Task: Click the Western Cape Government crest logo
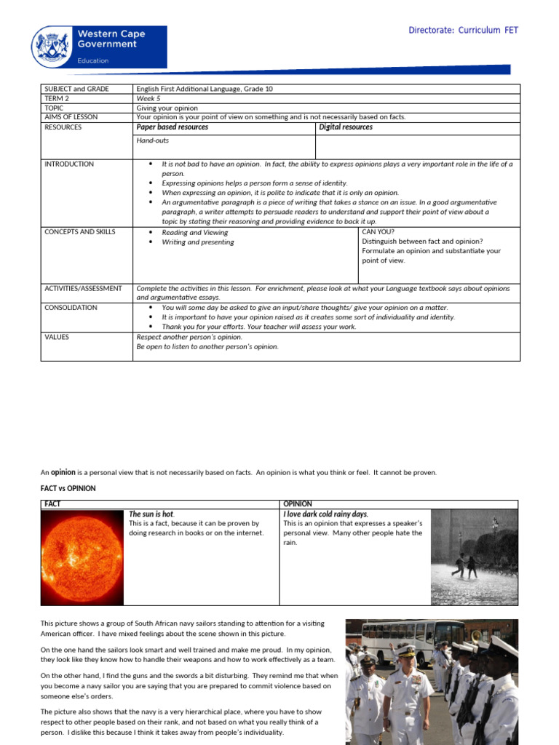pos(53,47)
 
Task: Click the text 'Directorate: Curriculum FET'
pos(463,30)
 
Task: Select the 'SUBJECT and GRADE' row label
pos(76,89)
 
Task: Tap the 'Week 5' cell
pos(149,98)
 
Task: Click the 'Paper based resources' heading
pos(172,127)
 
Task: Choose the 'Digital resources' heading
pos(346,127)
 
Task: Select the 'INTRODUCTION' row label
pos(69,164)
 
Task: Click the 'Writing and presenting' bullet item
pos(197,242)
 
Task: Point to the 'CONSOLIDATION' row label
pos(71,308)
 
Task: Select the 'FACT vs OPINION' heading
pos(68,488)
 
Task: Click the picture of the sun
pos(84,557)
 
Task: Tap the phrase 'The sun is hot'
pos(151,514)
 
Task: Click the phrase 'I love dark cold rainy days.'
pos(325,514)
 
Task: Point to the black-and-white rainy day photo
pos(474,557)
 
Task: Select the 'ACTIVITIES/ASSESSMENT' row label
pos(83,289)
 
